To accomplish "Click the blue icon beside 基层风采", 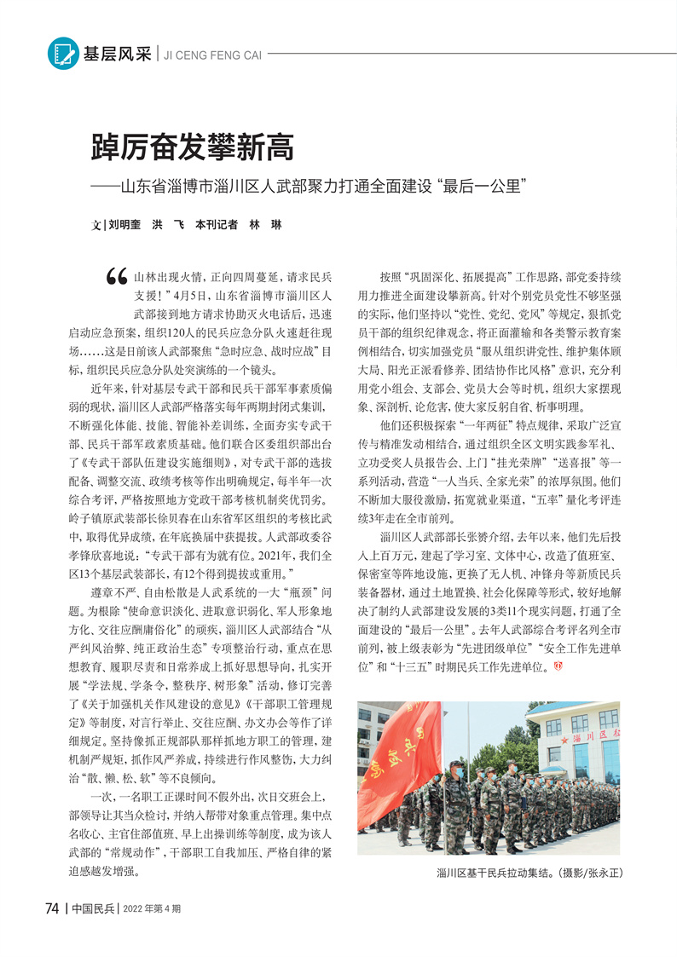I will (62, 53).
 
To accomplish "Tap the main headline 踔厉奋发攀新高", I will (192, 147).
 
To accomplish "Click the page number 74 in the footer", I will (52, 908).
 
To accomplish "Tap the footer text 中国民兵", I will (94, 908).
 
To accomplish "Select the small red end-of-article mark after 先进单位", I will (559, 665).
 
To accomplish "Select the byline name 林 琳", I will (263, 225).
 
